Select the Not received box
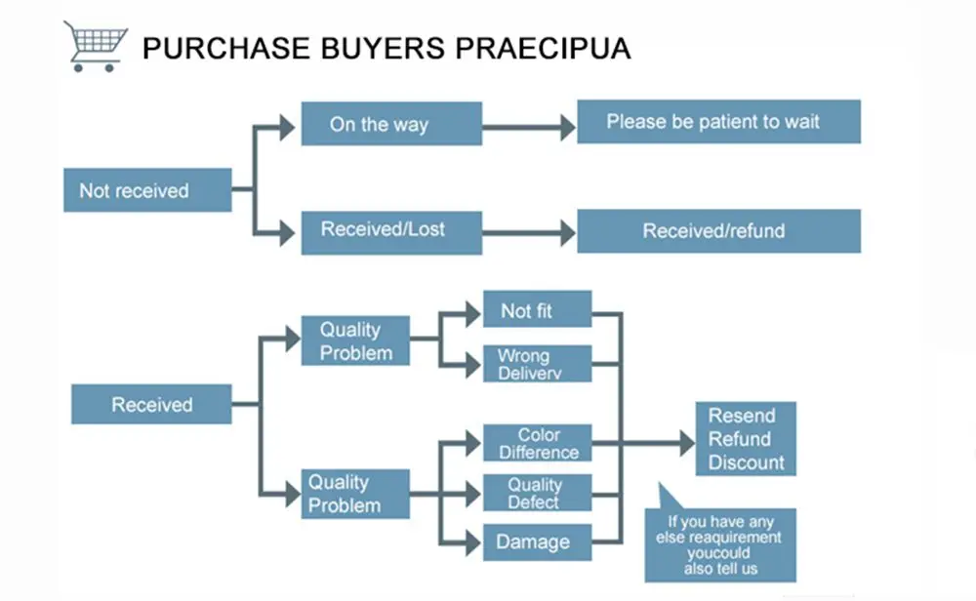147,190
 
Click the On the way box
390,124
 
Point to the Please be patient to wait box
718,122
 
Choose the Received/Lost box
390,231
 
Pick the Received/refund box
718,231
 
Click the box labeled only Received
151,404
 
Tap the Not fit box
537,310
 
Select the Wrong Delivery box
537,364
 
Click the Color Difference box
537,443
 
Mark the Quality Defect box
537,493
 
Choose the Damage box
537,541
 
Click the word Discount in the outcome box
746,462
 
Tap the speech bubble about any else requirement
723,543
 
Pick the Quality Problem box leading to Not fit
354,341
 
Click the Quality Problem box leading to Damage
354,494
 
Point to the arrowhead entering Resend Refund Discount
686,444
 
